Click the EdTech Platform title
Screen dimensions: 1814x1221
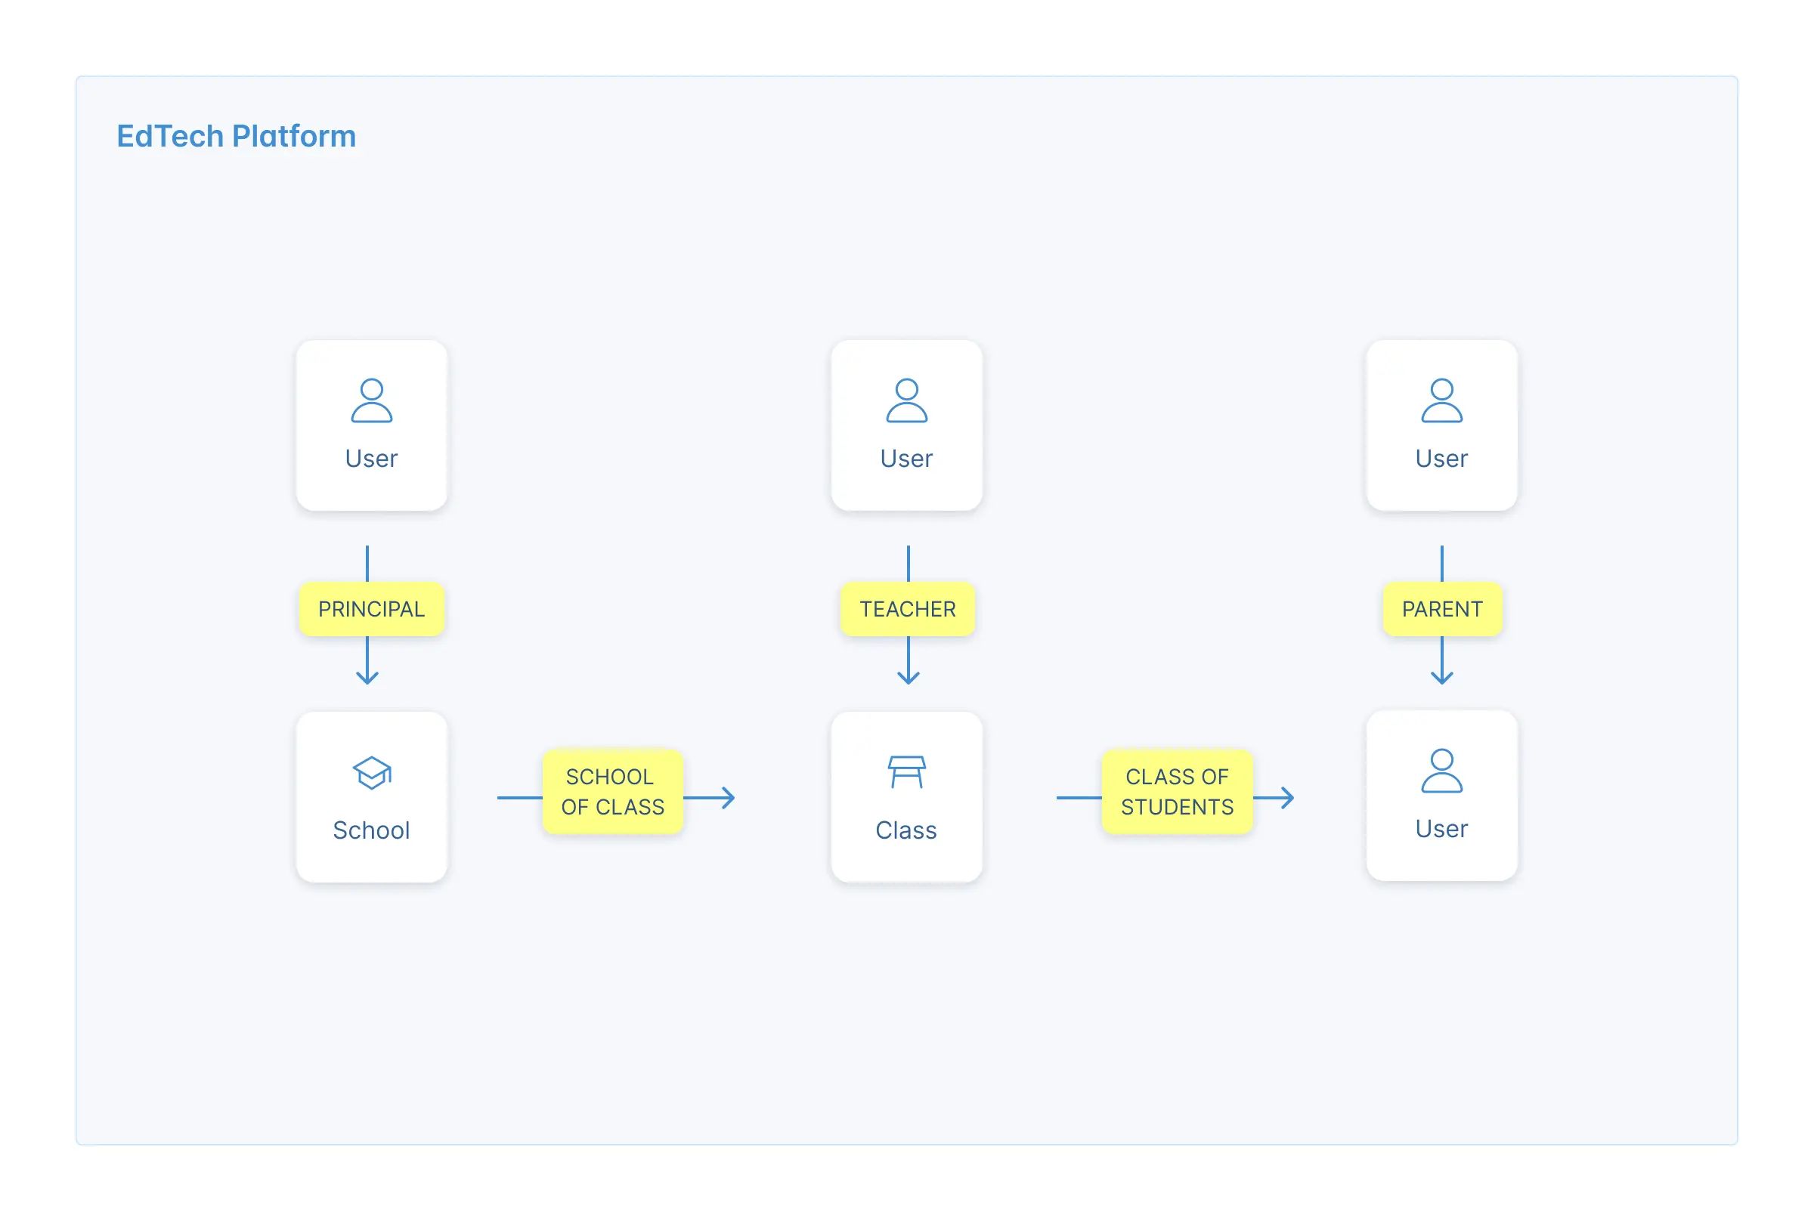[236, 136]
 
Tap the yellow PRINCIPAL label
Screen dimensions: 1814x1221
[372, 609]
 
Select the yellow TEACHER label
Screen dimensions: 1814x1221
[908, 609]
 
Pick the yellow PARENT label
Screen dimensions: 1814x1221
[1441, 609]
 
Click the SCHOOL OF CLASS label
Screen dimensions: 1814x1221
[613, 791]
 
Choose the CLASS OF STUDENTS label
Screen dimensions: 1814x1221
[1177, 791]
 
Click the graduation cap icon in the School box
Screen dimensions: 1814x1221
[373, 772]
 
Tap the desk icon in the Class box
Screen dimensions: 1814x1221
[906, 771]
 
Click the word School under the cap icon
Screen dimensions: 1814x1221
[372, 830]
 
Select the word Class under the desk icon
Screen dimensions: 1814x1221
[905, 830]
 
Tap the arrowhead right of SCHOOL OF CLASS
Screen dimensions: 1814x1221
[729, 797]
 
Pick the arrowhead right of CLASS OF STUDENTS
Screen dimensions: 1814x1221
[1287, 797]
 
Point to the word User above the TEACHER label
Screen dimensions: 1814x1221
[906, 459]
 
